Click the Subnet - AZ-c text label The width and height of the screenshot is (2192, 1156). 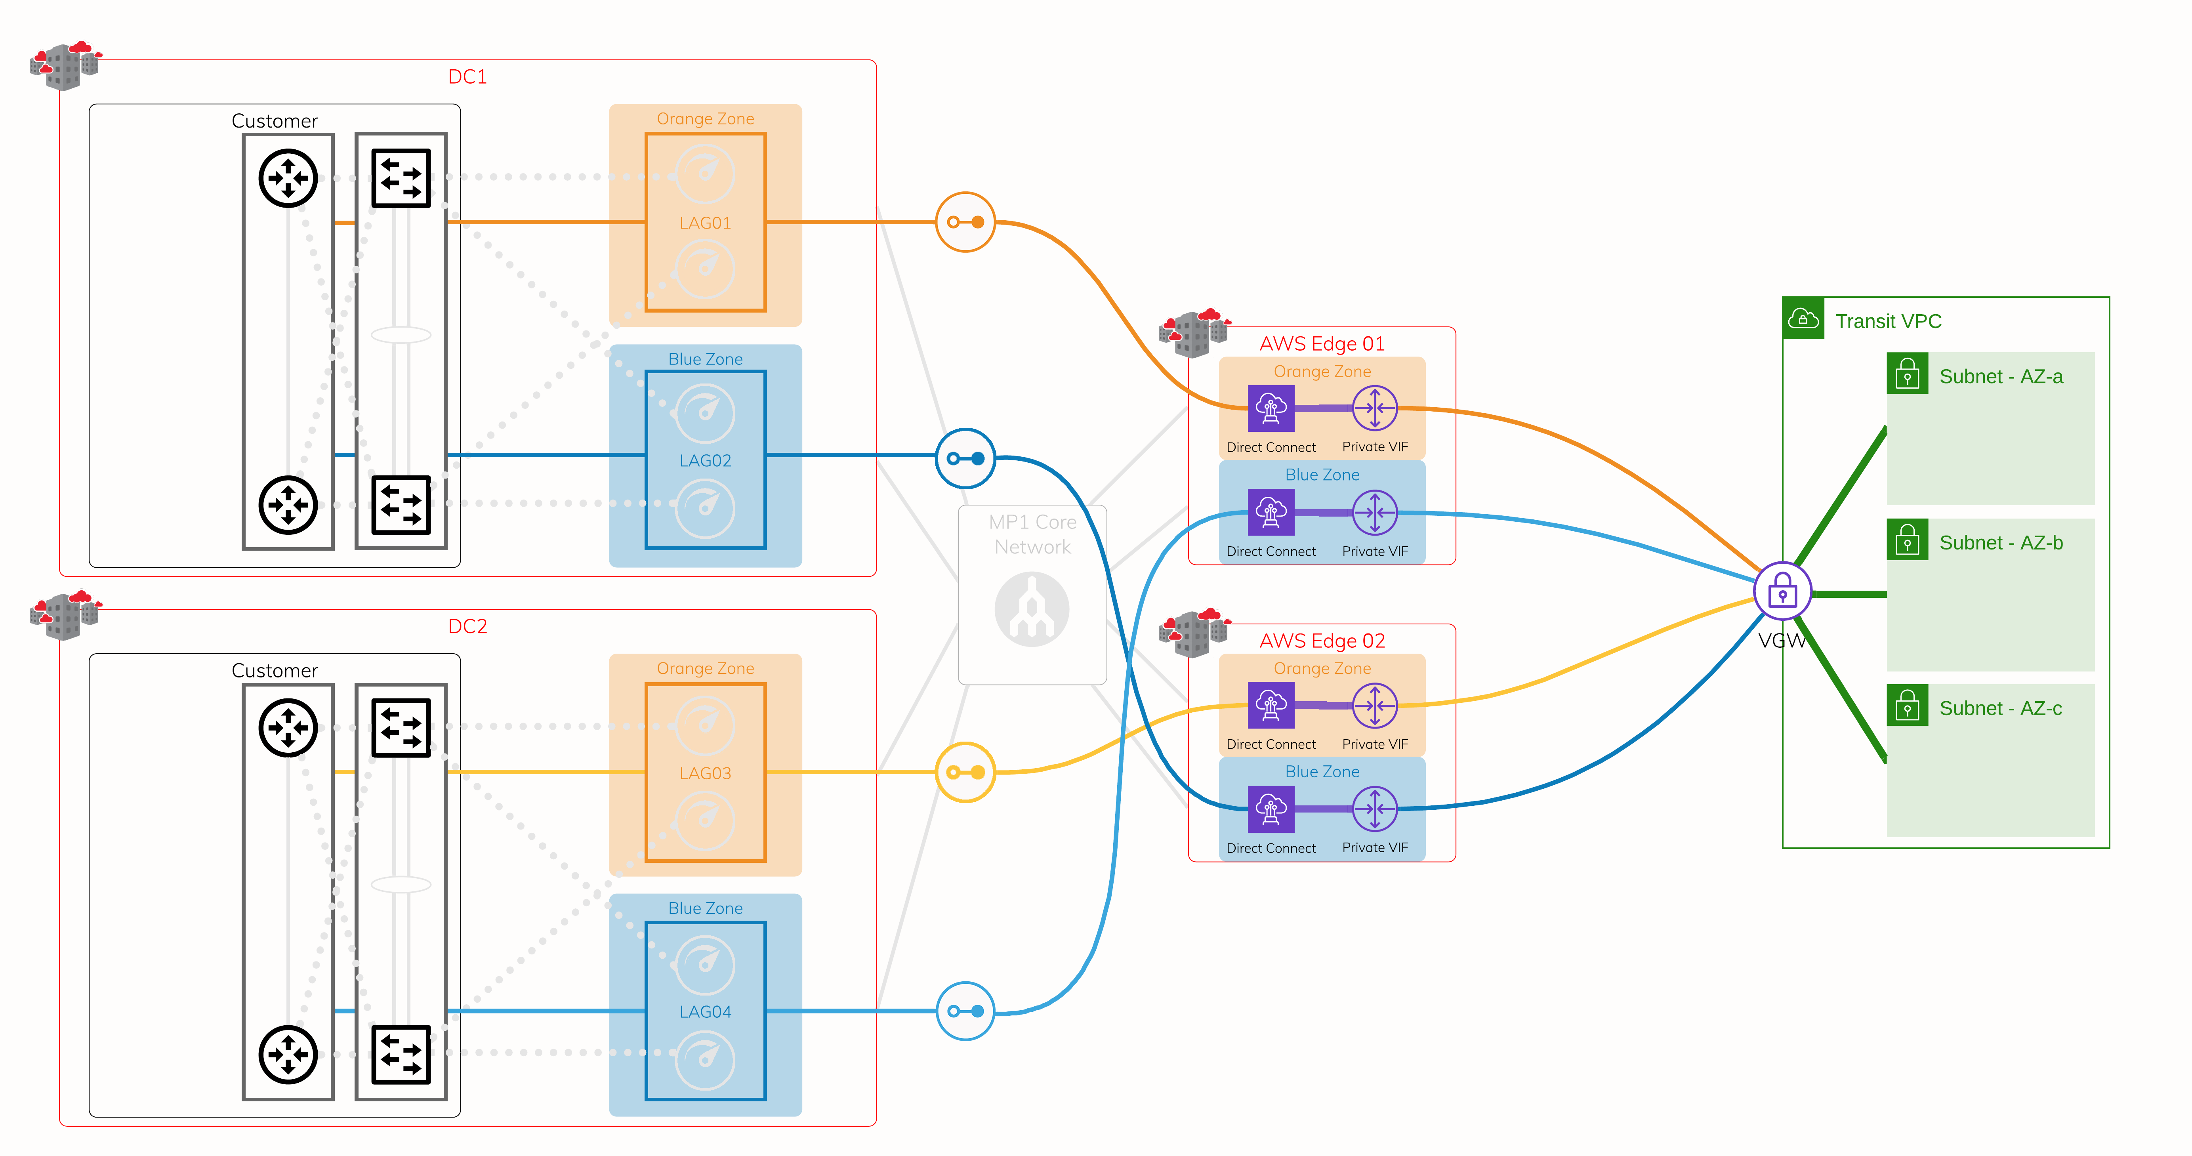[2001, 709]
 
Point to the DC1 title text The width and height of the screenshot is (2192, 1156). [467, 76]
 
